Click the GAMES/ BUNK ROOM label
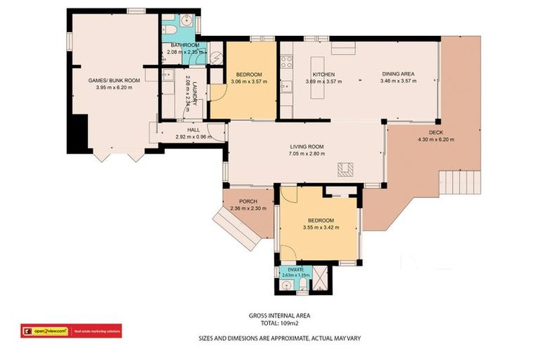tap(114, 81)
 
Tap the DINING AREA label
tap(398, 74)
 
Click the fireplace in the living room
tap(345, 169)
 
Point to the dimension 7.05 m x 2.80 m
tap(307, 153)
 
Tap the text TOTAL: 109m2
tap(270, 324)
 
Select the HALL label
tap(192, 129)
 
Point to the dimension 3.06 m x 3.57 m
tap(249, 82)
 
